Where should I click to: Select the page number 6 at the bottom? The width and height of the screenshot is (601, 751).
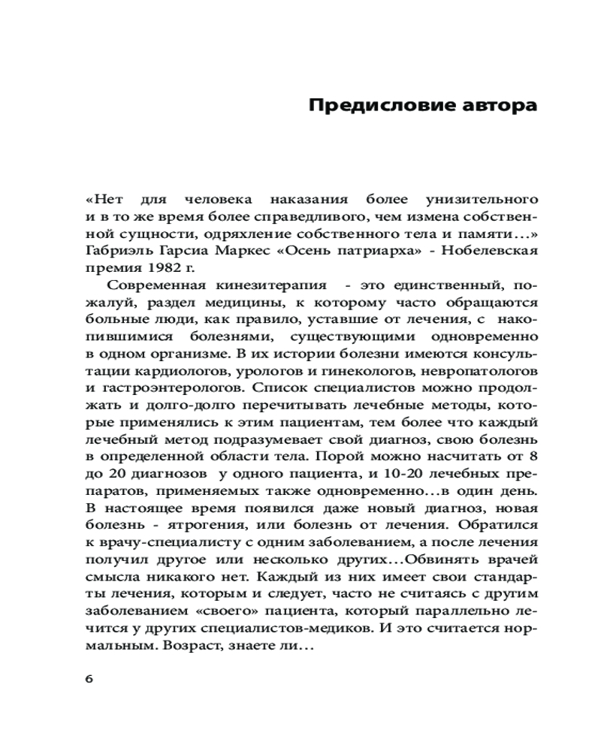coord(89,678)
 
